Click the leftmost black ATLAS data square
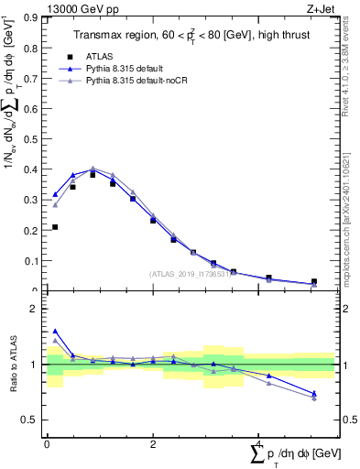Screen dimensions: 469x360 pyautogui.click(x=55, y=227)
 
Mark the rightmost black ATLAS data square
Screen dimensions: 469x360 pyautogui.click(x=314, y=282)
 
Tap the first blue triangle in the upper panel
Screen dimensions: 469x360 pyautogui.click(x=55, y=194)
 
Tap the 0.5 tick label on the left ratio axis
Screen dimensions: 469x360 pyautogui.click(x=32, y=420)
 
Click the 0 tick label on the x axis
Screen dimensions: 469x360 pyautogui.click(x=47, y=442)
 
